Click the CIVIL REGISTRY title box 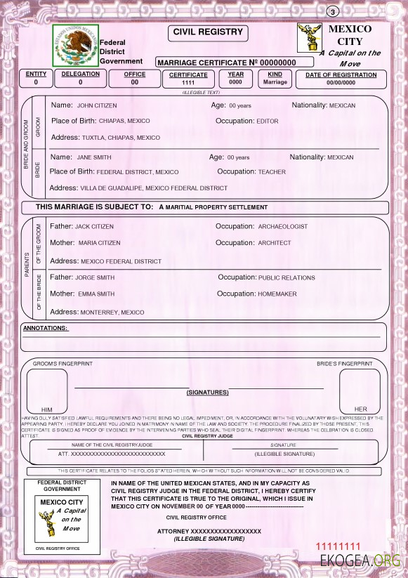208,32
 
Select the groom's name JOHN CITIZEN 95,105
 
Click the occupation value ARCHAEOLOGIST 283,227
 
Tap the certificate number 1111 188,83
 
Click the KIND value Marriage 275,82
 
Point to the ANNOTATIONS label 46,328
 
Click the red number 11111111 338,546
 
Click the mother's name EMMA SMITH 96,294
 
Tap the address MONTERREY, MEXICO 112,312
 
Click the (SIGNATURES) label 207,392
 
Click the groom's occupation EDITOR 267,121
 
